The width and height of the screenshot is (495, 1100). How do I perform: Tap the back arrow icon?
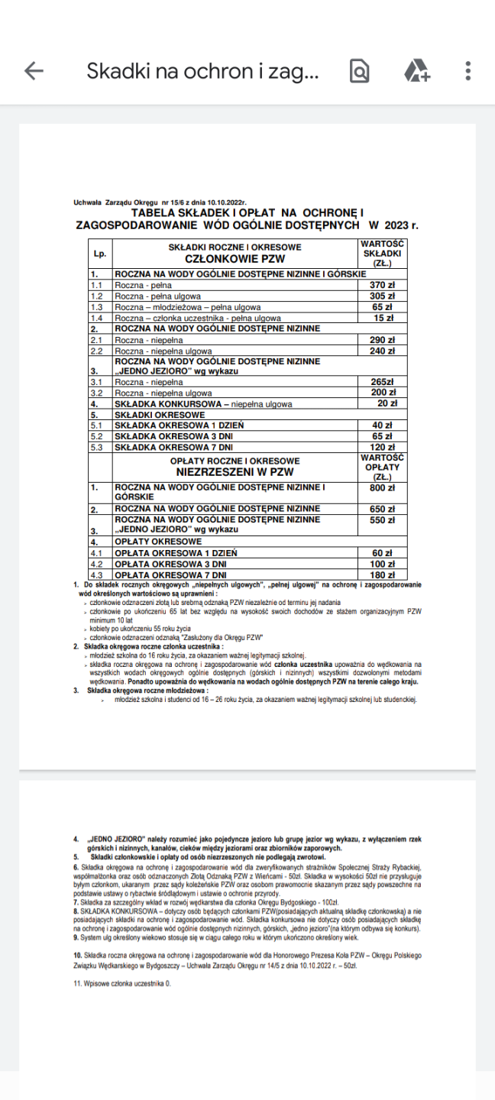[34, 71]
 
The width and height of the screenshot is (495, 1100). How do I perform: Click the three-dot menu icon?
[467, 71]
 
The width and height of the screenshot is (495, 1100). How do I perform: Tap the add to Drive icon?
[416, 71]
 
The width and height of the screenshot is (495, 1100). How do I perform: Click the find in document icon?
[359, 71]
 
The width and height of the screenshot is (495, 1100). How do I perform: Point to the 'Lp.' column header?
[100, 253]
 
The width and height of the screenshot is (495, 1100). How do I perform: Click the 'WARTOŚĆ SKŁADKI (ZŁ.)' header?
[382, 253]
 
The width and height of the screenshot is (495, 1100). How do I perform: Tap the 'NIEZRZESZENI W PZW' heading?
[235, 472]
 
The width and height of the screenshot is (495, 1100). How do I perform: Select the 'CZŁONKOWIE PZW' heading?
[235, 259]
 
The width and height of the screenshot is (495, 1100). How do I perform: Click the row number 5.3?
[97, 447]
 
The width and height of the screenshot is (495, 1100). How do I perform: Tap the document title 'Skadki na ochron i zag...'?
[202, 71]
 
